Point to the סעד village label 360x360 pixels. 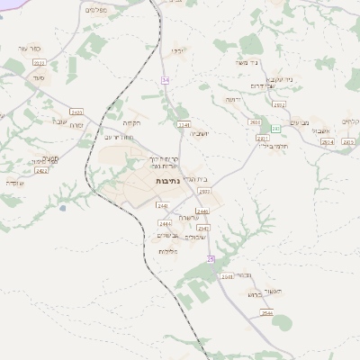click(x=37, y=78)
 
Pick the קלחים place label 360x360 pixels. click(x=351, y=121)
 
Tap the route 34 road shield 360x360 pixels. click(x=166, y=80)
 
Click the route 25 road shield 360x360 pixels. click(x=211, y=259)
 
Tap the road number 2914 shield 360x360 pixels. click(x=326, y=142)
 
